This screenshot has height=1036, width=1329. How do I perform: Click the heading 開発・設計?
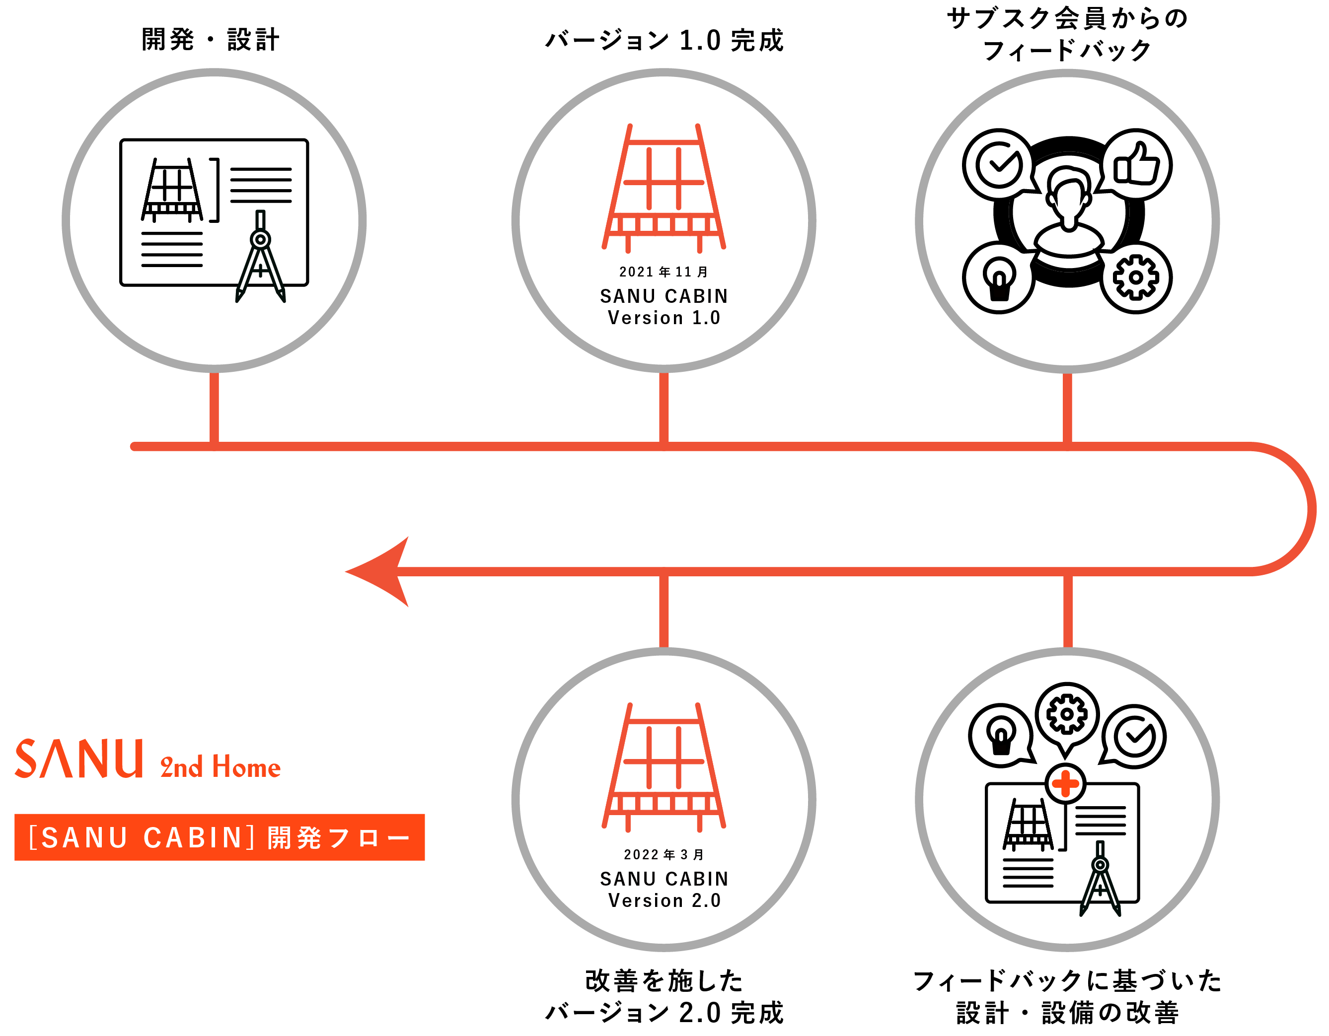[211, 40]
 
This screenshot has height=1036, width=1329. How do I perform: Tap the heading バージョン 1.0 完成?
[664, 41]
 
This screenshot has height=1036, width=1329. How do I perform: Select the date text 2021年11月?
[664, 272]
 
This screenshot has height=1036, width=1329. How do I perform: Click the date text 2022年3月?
[664, 855]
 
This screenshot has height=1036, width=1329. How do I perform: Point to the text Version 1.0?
[664, 318]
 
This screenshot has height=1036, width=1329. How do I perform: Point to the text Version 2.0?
[664, 900]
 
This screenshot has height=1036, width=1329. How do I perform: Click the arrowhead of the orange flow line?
[380, 572]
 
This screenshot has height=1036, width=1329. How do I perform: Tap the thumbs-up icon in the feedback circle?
[1136, 164]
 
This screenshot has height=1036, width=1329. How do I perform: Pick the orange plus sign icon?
[1065, 783]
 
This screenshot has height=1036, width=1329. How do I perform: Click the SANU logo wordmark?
[79, 759]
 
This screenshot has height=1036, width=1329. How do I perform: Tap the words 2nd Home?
[221, 767]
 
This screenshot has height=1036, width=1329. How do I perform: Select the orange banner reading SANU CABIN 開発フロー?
[219, 837]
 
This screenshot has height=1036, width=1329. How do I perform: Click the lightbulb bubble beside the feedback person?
[999, 278]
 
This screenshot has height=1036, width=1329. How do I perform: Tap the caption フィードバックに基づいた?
[1067, 981]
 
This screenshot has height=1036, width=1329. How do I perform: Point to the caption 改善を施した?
[664, 981]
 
